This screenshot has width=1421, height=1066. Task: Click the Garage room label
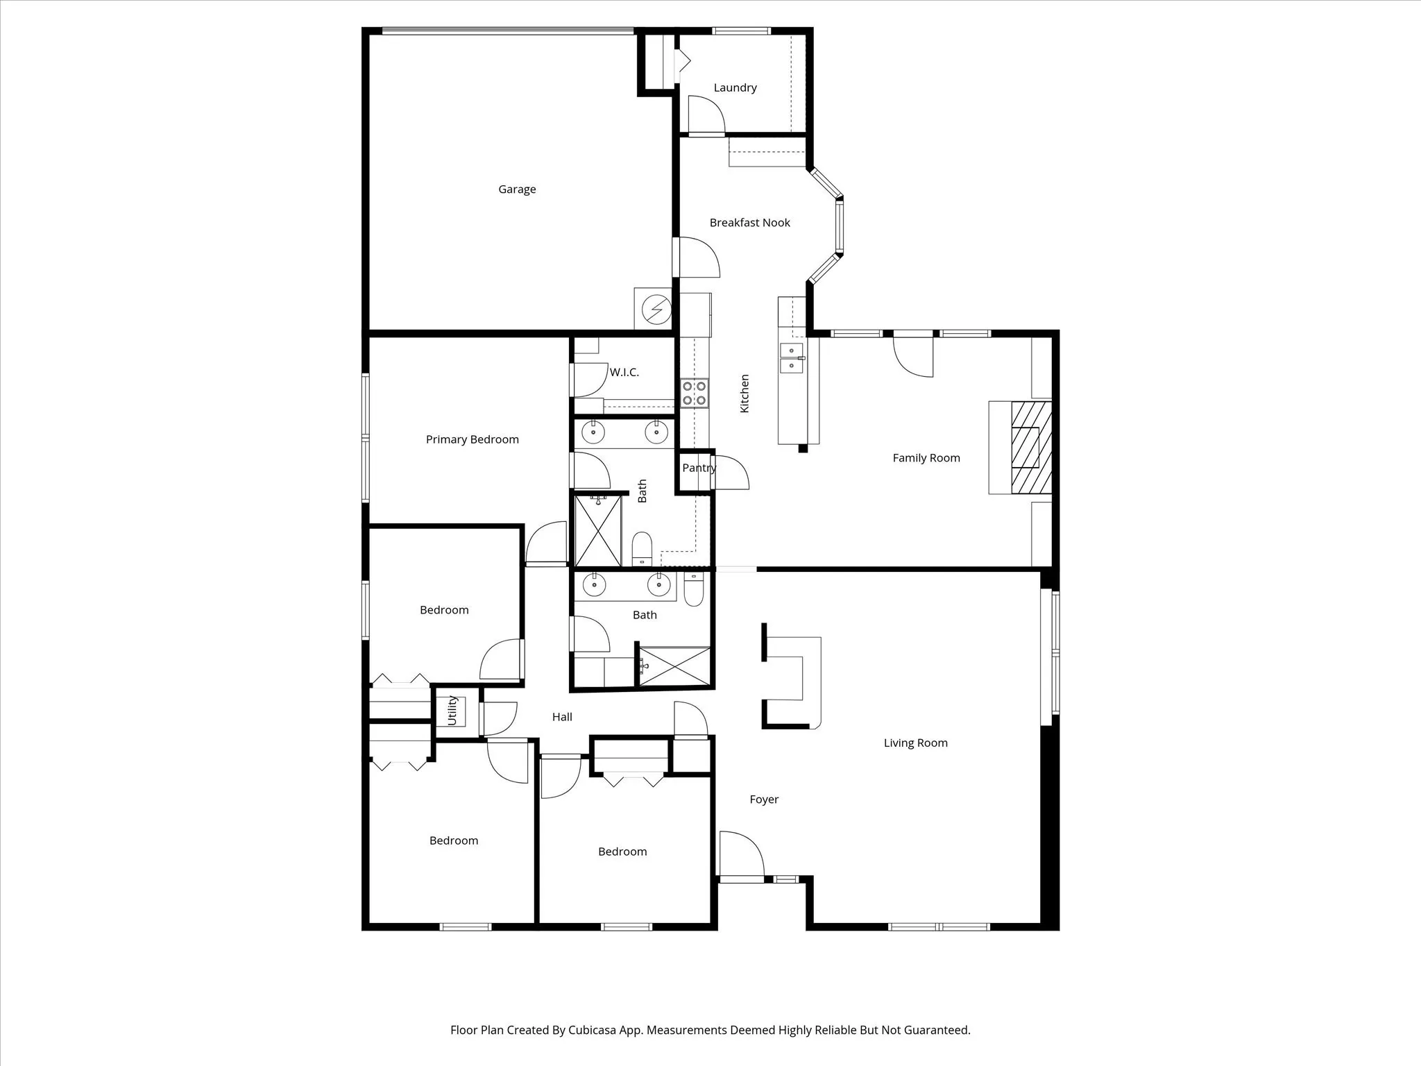[x=517, y=189]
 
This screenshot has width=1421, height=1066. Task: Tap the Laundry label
[x=735, y=87]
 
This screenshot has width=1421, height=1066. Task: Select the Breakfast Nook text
[x=749, y=223]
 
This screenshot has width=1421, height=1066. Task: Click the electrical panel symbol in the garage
[x=656, y=310]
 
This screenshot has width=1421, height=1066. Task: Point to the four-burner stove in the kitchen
[x=694, y=393]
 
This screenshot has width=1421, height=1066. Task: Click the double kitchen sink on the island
[x=791, y=358]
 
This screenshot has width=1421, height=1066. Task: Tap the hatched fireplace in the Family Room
[x=1030, y=448]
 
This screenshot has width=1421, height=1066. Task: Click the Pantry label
[x=698, y=468]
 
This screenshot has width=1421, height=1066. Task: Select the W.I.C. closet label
[x=624, y=373]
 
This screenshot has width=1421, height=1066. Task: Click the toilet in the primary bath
[x=642, y=548]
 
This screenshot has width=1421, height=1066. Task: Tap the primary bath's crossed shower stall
[x=597, y=531]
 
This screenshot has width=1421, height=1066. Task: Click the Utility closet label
[x=452, y=711]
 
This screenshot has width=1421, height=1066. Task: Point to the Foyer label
[x=764, y=799]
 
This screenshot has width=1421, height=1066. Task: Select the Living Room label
[x=915, y=743]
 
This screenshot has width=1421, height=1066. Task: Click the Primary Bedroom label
[x=472, y=439]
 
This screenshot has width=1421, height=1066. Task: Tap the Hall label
[x=562, y=717]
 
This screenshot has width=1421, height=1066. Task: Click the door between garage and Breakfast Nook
[x=696, y=258]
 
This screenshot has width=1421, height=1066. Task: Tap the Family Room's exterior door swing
[x=912, y=355]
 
